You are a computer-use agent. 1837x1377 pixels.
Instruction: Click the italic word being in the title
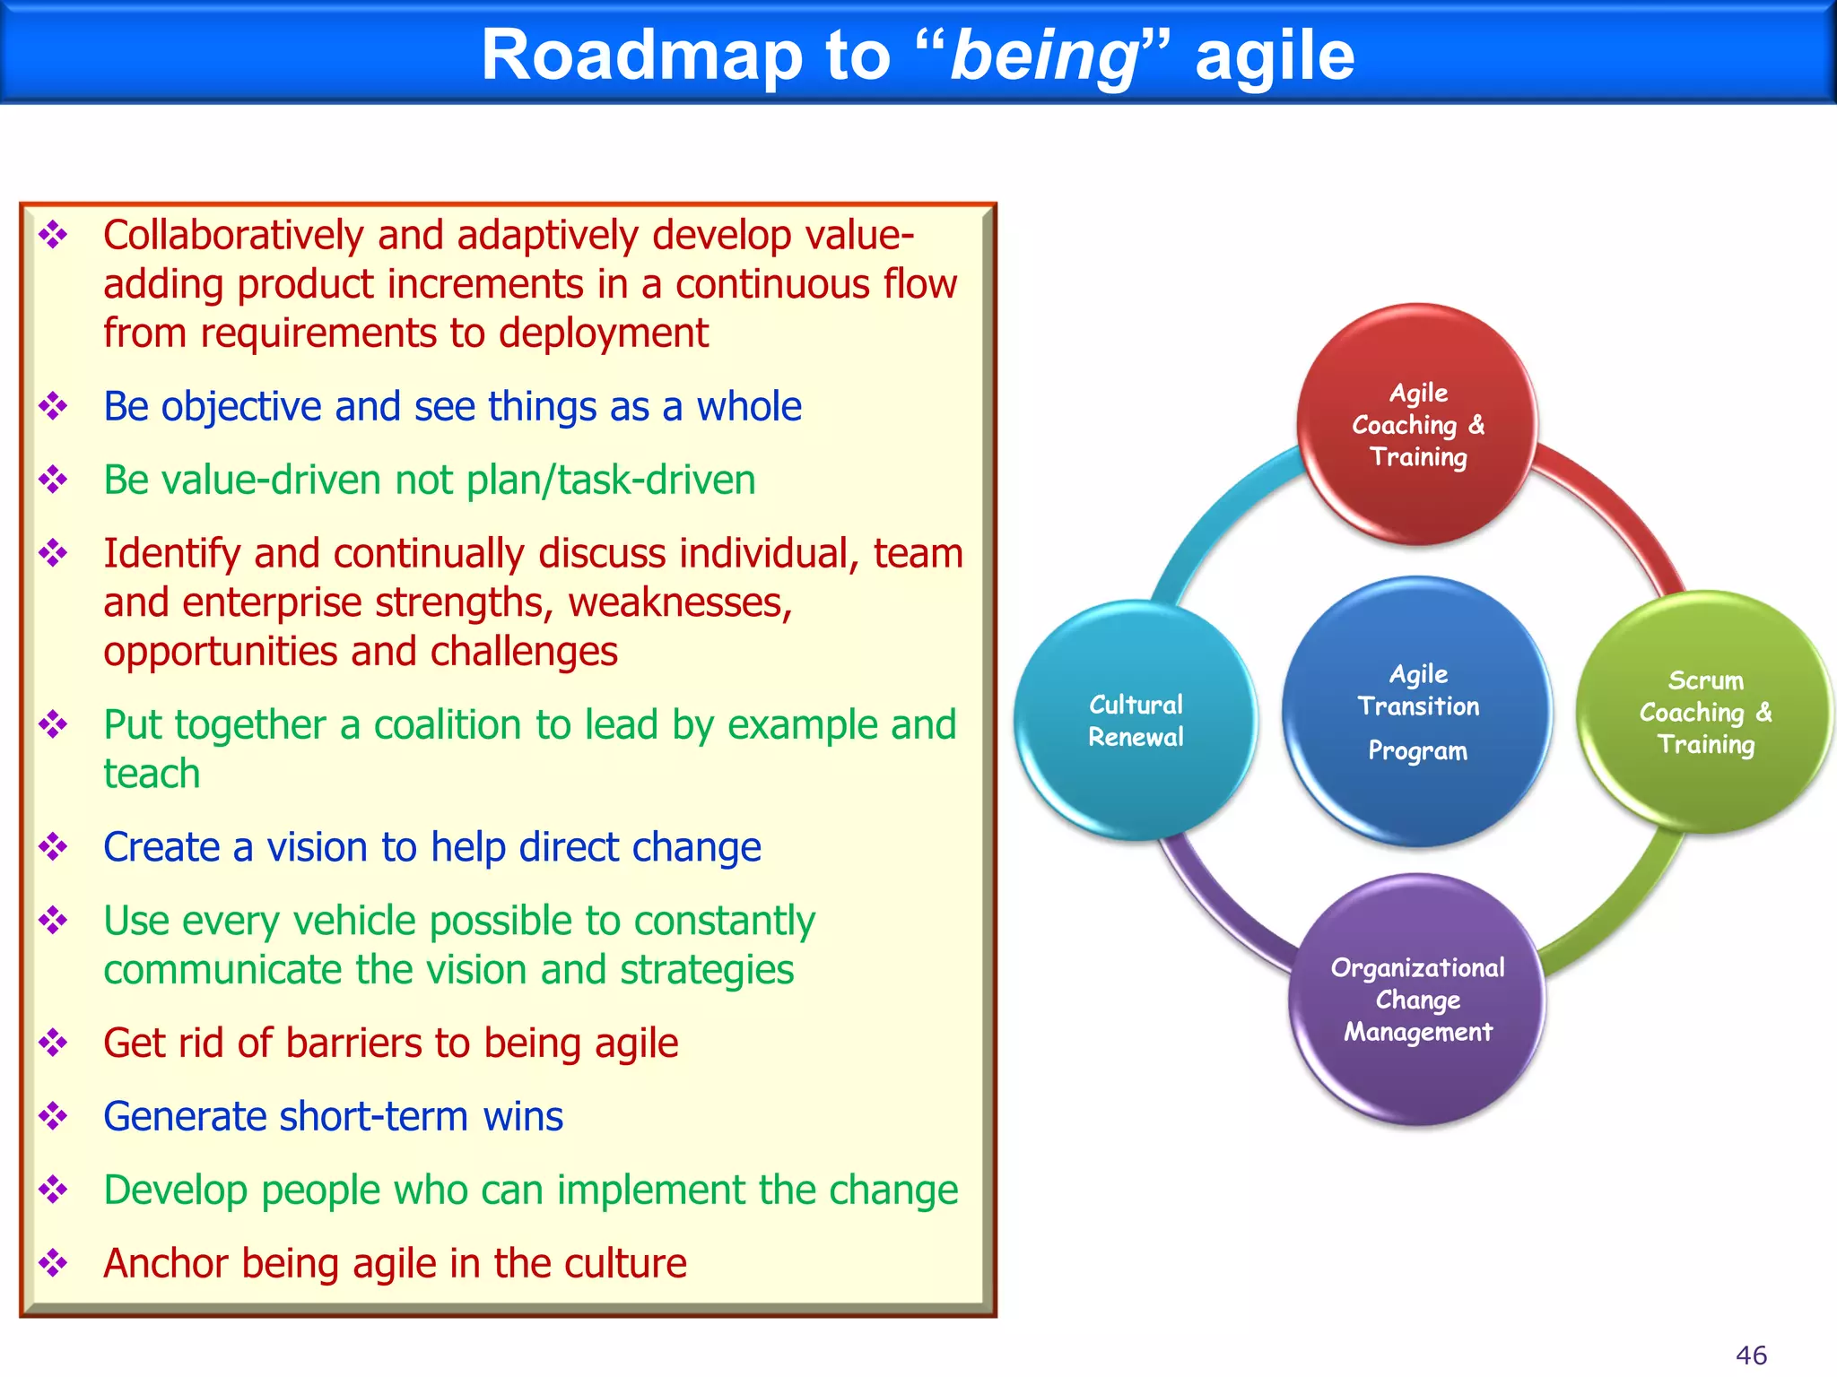point(1043,56)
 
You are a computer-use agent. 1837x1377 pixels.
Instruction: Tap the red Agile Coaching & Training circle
point(1417,424)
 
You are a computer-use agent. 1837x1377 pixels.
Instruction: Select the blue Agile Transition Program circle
point(1417,711)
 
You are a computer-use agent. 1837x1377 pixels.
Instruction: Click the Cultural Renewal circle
point(1136,720)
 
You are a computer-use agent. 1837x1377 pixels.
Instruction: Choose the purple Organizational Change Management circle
point(1417,999)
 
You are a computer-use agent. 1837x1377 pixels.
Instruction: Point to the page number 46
point(1751,1355)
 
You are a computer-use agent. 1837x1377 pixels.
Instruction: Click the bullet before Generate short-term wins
point(53,1116)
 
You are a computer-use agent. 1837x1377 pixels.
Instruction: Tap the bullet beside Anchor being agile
point(53,1263)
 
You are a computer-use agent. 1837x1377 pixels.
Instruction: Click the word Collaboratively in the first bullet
point(233,236)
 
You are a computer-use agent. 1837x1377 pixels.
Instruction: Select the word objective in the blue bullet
point(240,407)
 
